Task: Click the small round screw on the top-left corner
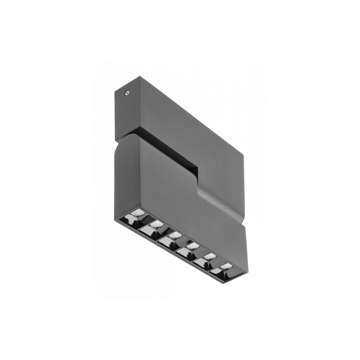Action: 127,93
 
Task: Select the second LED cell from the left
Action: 154,227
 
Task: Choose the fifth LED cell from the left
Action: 208,260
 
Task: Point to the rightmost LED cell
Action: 224,269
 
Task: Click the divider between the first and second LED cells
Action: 146,223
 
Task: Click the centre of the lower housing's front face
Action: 180,192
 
